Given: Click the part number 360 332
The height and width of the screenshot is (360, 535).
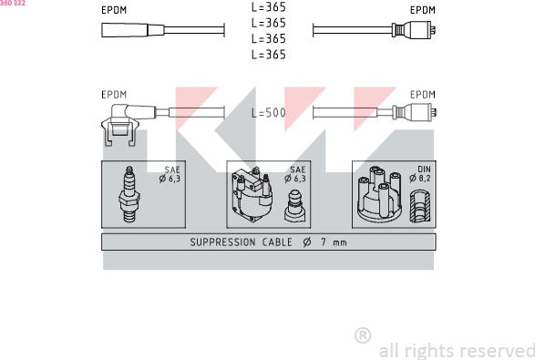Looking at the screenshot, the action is pos(13,3).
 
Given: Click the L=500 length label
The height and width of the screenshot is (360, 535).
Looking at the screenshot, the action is pos(269,113).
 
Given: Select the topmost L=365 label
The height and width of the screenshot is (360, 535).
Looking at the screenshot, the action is pos(269,6).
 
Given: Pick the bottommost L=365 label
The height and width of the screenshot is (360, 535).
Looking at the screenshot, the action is pos(269,55).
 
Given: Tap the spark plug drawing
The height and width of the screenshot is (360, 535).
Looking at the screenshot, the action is pos(129,194).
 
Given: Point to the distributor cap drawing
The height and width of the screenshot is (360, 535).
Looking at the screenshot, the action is pos(379,194).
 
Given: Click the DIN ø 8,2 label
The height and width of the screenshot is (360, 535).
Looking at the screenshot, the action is pos(420,174).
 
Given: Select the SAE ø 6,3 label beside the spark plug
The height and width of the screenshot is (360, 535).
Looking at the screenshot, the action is pos(170,174).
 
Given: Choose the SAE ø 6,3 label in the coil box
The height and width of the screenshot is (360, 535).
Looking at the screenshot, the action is pos(295,174).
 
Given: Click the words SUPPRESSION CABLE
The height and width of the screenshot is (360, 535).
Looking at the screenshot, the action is pos(241,242).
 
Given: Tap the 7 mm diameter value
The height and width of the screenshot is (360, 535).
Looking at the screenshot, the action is pos(334,242).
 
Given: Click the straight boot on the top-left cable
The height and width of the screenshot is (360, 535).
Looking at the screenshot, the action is pos(133,30).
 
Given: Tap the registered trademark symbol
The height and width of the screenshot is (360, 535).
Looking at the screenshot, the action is pos(363,335).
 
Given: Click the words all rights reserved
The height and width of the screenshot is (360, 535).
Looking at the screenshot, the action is pos(457,351).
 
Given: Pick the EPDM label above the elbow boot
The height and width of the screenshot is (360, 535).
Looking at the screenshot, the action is pos(114,95).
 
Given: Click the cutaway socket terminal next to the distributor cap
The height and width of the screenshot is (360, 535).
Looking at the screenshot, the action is pos(420,207).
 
